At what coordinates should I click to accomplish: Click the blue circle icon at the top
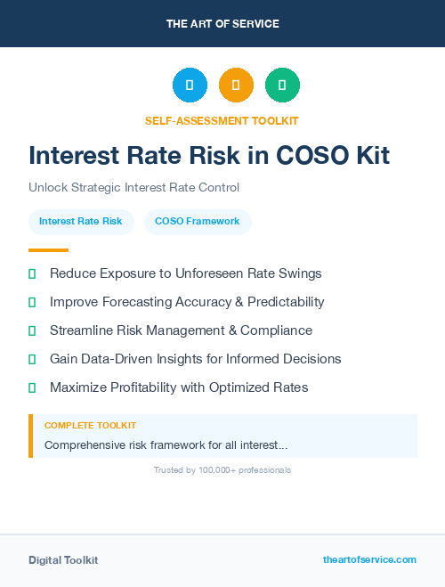pyautogui.click(x=190, y=86)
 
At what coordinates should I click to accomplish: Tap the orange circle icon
pyautogui.click(x=236, y=86)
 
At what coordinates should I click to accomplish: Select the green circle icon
pyautogui.click(x=282, y=86)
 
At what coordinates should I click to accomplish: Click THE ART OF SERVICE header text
pyautogui.click(x=222, y=23)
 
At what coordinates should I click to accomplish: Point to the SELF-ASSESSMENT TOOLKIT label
pyautogui.click(x=222, y=120)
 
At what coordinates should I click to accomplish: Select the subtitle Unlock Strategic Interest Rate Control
pyautogui.click(x=133, y=187)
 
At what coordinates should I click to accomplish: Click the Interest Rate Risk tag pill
pyautogui.click(x=81, y=221)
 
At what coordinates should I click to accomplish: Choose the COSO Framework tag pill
pyautogui.click(x=198, y=221)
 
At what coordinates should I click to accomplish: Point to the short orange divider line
pyautogui.click(x=48, y=250)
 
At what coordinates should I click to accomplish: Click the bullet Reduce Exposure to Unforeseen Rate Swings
pyautogui.click(x=185, y=273)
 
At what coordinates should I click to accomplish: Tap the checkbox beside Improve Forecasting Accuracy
pyautogui.click(x=32, y=302)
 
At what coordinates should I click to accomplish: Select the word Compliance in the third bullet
pyautogui.click(x=273, y=330)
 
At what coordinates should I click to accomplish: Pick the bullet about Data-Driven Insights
pyautogui.click(x=195, y=359)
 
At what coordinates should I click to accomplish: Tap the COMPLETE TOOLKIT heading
pyautogui.click(x=90, y=426)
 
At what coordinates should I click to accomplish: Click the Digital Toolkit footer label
pyautogui.click(x=63, y=559)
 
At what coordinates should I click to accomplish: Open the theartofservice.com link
pyautogui.click(x=369, y=559)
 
